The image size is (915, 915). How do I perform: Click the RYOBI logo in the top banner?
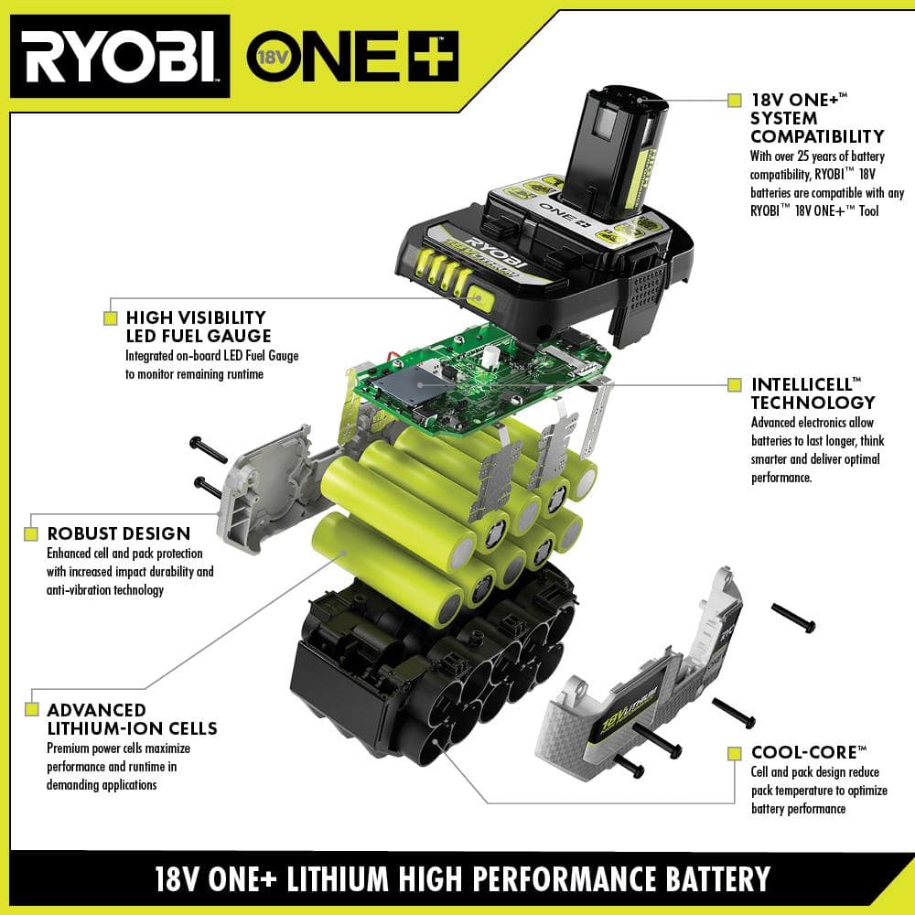coord(119,57)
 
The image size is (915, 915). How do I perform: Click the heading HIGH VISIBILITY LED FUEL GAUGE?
coord(197,327)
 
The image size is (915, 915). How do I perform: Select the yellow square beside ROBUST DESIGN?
coord(32,533)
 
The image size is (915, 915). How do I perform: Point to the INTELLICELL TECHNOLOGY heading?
coord(813,393)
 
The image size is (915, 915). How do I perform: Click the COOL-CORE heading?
coord(808,752)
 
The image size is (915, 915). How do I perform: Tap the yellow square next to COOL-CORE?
coord(734,753)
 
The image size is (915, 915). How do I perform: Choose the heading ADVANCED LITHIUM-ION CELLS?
coord(132,719)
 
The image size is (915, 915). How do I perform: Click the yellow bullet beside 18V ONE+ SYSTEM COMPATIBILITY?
coord(734,100)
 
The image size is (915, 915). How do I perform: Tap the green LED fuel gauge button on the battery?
coord(478,295)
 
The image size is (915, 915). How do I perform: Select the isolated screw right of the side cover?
coord(792,618)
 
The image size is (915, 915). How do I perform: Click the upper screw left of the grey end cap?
coord(209,448)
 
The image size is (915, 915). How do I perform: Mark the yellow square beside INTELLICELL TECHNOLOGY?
coord(734,385)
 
